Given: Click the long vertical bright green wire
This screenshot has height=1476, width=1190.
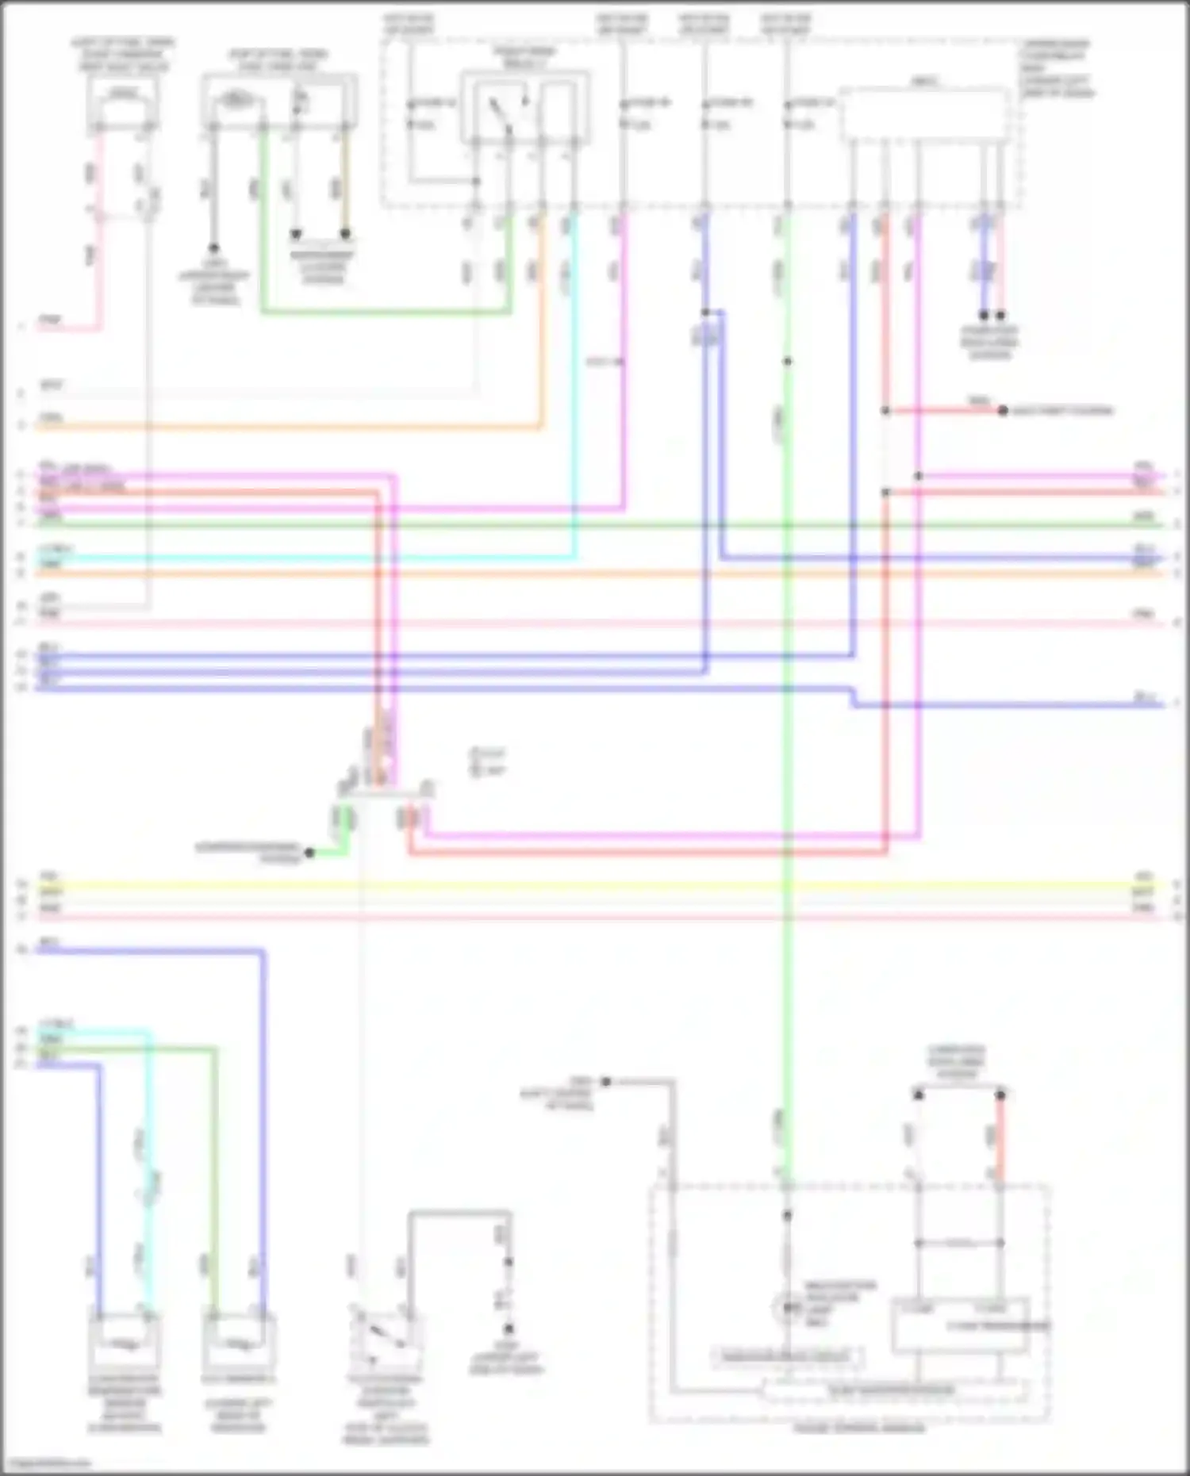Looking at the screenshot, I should point(787,714).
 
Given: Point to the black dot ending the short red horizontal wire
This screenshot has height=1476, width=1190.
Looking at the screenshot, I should point(1003,411).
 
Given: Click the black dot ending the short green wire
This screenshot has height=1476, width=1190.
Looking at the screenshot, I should point(310,853).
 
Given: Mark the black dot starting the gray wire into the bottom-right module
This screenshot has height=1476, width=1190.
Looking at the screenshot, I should point(605,1081).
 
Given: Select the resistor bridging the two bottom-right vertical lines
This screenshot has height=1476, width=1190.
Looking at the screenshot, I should point(959,1243).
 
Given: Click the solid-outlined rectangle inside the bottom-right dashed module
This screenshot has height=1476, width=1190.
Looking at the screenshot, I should point(960,1325).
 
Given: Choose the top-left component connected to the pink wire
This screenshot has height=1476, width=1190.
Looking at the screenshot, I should point(123,107).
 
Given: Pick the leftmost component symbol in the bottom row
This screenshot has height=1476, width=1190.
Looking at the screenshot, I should point(124,1340).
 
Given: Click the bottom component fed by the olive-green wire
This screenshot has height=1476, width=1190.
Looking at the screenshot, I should point(238,1340).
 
